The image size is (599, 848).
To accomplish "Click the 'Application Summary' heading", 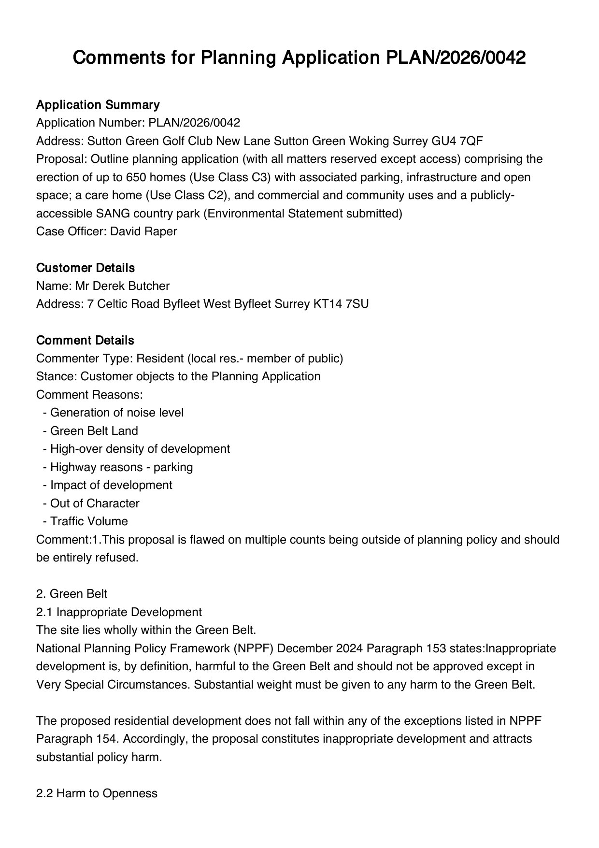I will coord(98,105).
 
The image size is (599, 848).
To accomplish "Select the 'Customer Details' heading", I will coord(86,268).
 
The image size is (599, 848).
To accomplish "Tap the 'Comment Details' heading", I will coord(85,340).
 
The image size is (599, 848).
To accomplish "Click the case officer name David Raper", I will coord(143,231).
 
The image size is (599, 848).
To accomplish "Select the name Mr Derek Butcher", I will coord(122,286).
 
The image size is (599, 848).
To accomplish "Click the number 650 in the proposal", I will coord(135,177).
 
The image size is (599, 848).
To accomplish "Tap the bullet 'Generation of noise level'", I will coord(116,413).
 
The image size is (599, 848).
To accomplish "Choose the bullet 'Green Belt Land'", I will coord(94,431).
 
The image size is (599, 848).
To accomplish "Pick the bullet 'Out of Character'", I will coord(95,503).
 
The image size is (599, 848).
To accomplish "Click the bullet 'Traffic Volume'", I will coord(89,521).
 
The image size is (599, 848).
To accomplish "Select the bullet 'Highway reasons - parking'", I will coord(121,467).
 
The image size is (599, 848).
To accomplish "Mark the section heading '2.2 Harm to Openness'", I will coord(97,793).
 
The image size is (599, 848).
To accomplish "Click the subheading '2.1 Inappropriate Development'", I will coord(119,612).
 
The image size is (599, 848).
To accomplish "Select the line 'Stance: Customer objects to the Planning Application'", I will coord(178,376).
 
